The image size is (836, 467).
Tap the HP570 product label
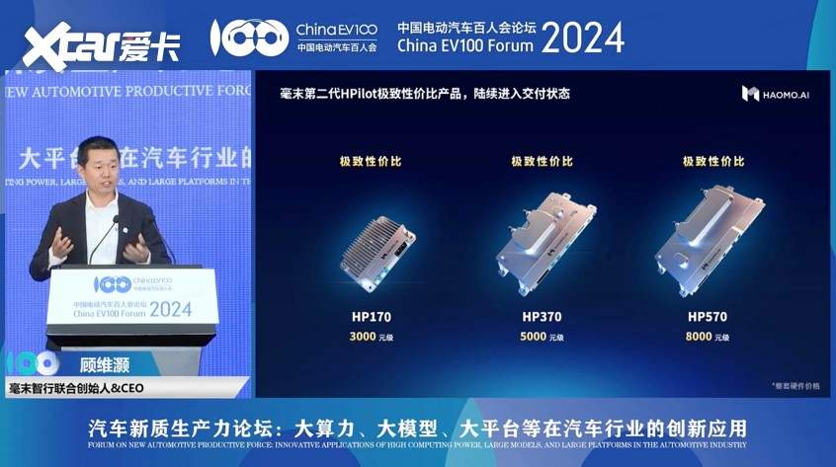pyautogui.click(x=708, y=317)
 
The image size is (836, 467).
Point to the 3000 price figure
pyautogui.click(x=364, y=337)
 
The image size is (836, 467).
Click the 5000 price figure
pyautogui.click(x=535, y=337)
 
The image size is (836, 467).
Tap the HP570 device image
pyautogui.click(x=709, y=237)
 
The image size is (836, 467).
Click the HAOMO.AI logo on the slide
pyautogui.click(x=777, y=94)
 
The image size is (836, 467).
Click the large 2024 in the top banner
pyautogui.click(x=583, y=39)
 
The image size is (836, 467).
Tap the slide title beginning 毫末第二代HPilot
pyautogui.click(x=425, y=94)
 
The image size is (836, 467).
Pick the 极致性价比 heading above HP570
pyautogui.click(x=712, y=161)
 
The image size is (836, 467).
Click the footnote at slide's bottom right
pyautogui.click(x=794, y=385)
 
